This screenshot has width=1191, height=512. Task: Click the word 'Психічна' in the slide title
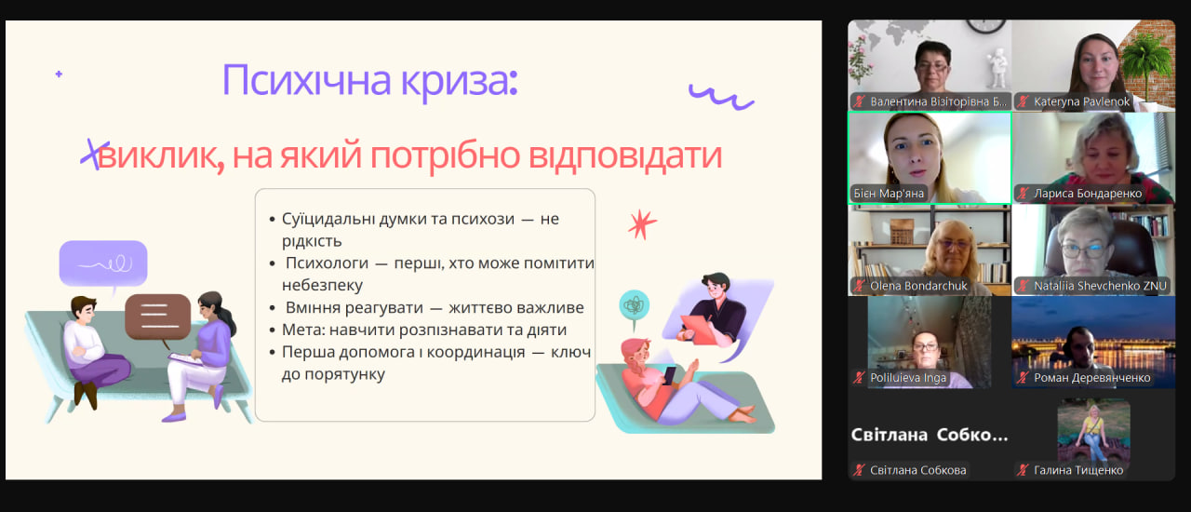click(306, 81)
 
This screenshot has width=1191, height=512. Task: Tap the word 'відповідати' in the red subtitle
click(625, 155)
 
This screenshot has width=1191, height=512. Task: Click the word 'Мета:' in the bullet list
click(303, 330)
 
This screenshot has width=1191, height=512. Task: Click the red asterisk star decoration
click(642, 224)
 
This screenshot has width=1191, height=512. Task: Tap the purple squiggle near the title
click(721, 96)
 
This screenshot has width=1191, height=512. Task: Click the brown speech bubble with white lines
click(158, 318)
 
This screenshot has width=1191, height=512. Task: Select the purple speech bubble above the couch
click(103, 264)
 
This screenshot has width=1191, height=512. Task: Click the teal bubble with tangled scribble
click(634, 306)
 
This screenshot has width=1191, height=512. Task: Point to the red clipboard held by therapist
click(699, 329)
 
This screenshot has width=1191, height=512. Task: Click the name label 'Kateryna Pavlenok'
click(1081, 101)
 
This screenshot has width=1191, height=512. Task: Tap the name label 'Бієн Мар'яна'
click(889, 194)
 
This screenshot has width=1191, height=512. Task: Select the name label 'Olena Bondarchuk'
click(918, 286)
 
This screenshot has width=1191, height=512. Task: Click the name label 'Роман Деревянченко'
click(1092, 378)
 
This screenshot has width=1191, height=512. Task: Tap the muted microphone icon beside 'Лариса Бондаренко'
click(1023, 194)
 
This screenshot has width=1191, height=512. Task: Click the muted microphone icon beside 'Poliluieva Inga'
click(859, 378)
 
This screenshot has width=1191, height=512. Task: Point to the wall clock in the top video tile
click(985, 25)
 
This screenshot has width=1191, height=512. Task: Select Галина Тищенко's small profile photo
click(1093, 431)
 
